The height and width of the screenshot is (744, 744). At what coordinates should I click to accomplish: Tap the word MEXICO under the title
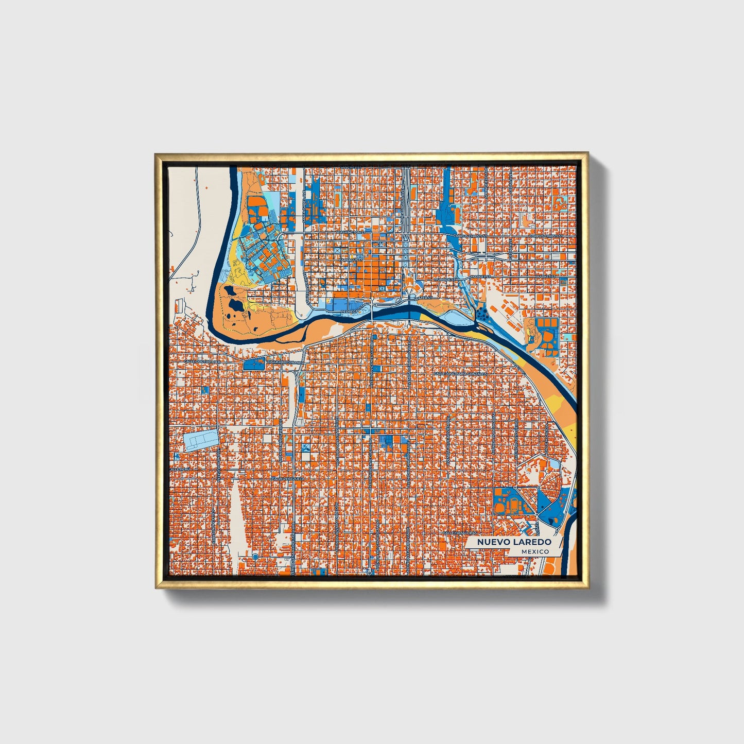(x=534, y=551)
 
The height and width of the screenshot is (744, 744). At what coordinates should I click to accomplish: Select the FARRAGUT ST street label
(x=351, y=260)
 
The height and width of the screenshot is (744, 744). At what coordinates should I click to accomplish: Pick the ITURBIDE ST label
(x=444, y=279)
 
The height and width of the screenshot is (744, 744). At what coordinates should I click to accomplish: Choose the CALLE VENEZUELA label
(x=288, y=478)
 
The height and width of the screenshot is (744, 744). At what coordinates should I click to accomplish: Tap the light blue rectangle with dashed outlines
(x=201, y=441)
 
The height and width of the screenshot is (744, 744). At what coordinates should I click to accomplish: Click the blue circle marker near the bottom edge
(x=255, y=557)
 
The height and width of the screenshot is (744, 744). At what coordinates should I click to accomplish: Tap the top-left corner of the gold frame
(x=156, y=153)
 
